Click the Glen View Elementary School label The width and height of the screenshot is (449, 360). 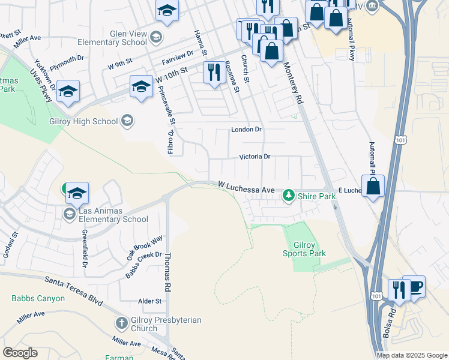click(112, 38)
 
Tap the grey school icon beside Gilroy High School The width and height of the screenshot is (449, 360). click(127, 122)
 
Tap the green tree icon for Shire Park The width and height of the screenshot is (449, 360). click(289, 196)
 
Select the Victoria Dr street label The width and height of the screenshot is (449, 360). click(255, 157)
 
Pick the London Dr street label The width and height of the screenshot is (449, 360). click(247, 130)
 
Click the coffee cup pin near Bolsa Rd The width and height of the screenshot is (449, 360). click(414, 287)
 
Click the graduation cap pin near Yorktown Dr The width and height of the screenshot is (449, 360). click(68, 91)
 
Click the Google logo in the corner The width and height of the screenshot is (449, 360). click(20, 353)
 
